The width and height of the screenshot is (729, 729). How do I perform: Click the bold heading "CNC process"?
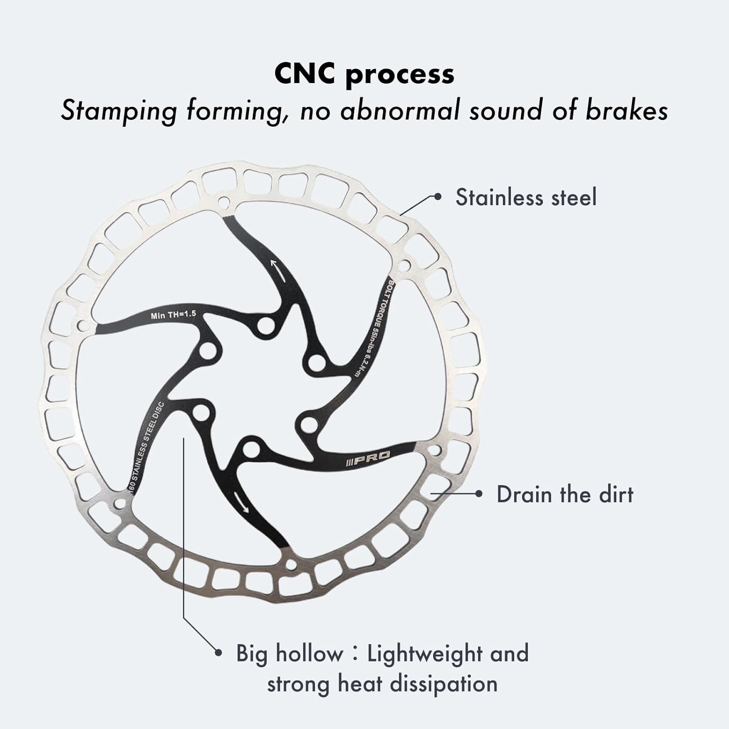tap(364, 74)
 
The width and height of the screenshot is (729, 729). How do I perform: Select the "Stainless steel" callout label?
tap(525, 198)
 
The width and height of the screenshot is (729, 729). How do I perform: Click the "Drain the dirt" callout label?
tap(565, 494)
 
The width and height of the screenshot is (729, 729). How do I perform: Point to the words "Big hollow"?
tap(289, 654)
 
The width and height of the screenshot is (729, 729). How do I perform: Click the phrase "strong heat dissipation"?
tap(382, 684)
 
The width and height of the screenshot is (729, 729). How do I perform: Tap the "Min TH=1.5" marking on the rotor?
tap(173, 315)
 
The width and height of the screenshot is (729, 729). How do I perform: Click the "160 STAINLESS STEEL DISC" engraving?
tap(146, 447)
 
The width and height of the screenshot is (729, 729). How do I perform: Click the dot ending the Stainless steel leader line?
tap(438, 196)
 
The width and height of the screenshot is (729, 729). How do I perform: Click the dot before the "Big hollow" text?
tap(218, 653)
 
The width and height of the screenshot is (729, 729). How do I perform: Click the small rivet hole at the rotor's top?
tap(224, 201)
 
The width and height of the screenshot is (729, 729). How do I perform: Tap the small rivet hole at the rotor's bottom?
tap(291, 565)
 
